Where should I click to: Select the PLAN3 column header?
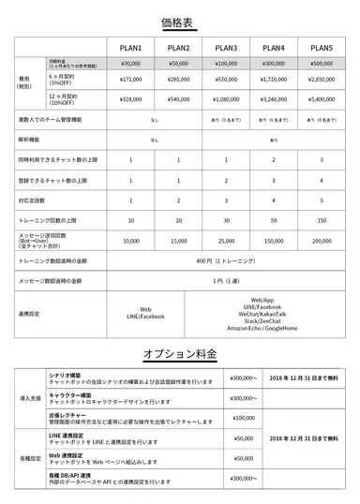pyautogui.click(x=226, y=48)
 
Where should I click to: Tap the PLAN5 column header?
pyautogui.click(x=322, y=48)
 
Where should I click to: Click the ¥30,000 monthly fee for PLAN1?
pyautogui.click(x=130, y=64)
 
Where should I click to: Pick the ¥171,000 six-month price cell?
pyautogui.click(x=130, y=80)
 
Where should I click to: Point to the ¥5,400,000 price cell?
pyautogui.click(x=322, y=97)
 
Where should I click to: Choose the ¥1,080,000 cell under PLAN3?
pyautogui.click(x=226, y=97)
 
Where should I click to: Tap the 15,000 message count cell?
pyautogui.click(x=178, y=241)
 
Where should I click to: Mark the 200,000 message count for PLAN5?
pyautogui.click(x=322, y=241)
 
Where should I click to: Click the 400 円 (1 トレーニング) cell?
pyautogui.click(x=226, y=260)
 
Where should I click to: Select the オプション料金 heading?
pyautogui.click(x=180, y=355)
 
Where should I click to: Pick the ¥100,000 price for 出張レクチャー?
pyautogui.click(x=243, y=418)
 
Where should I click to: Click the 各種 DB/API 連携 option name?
pyautogui.click(x=73, y=476)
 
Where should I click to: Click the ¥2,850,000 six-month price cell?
pyautogui.click(x=322, y=80)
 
